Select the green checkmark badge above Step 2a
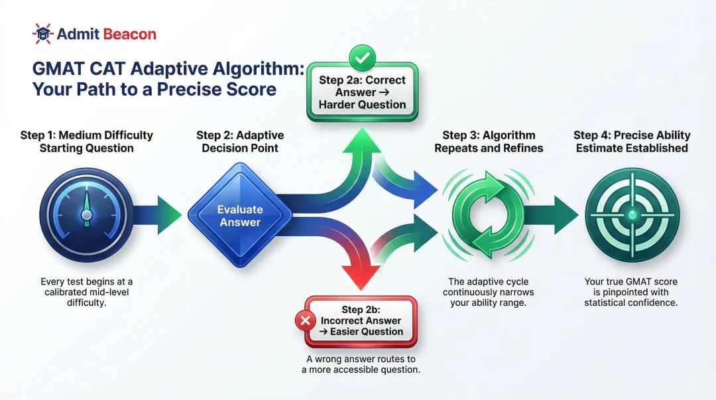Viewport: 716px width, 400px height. (x=362, y=58)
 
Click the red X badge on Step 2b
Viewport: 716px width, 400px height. (x=306, y=321)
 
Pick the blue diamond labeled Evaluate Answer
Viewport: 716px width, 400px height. (x=239, y=215)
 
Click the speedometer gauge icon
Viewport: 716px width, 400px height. (x=86, y=215)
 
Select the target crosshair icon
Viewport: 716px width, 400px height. (x=631, y=215)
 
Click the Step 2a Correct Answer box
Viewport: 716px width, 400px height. (x=362, y=93)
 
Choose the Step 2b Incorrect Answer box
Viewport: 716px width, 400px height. (x=362, y=321)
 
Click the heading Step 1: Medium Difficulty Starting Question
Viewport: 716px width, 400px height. (x=86, y=141)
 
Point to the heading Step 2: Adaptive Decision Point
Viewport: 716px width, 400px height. (x=239, y=141)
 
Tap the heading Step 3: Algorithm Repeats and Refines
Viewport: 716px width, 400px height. (x=489, y=141)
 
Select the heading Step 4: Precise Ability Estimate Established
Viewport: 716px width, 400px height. (x=631, y=141)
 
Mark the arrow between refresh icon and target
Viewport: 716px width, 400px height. (x=556, y=215)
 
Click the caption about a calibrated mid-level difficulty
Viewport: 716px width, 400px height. (x=86, y=293)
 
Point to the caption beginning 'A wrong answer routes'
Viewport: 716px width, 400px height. (x=361, y=364)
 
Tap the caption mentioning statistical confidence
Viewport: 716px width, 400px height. (x=630, y=293)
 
